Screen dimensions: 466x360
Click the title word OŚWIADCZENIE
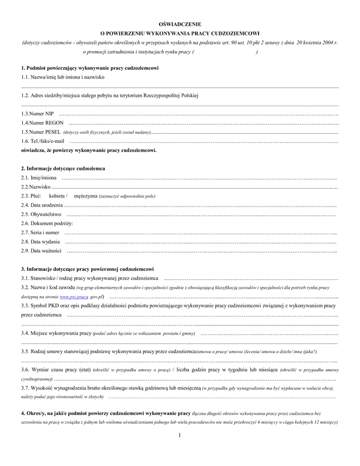(x=180, y=22)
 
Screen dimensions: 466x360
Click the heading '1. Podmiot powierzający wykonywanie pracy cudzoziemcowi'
(x=89, y=69)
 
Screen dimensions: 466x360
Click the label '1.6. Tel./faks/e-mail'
(x=42, y=141)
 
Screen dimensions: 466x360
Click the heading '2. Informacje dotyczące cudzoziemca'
(x=63, y=169)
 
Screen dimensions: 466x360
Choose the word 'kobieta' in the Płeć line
(x=57, y=196)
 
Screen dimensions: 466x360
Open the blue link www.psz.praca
(x=73, y=297)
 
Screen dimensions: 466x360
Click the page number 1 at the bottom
(x=180, y=452)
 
